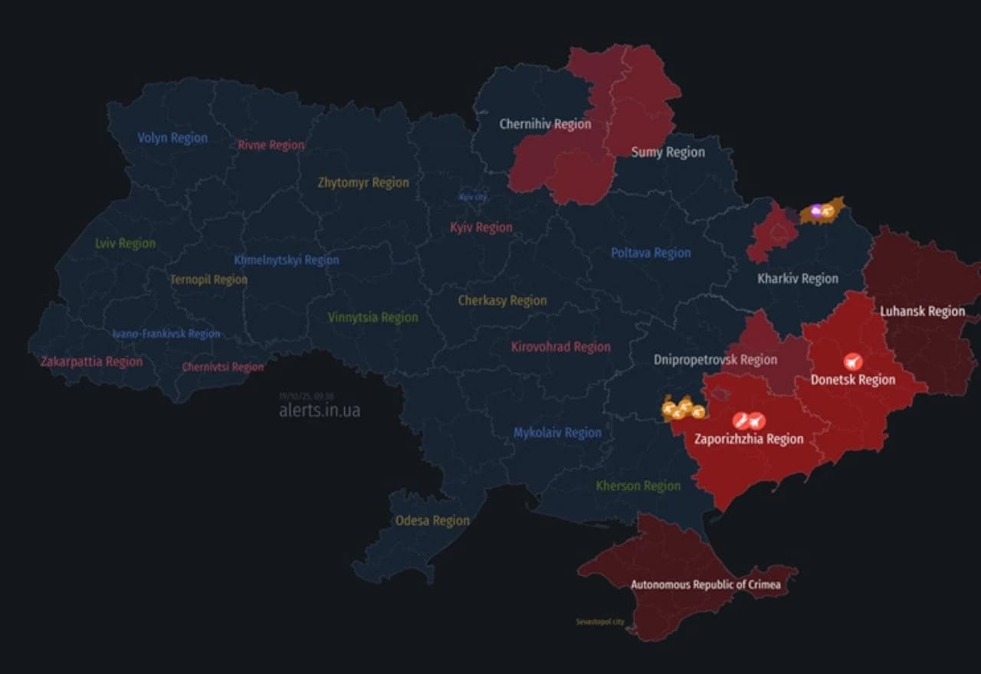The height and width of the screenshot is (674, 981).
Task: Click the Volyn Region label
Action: pyautogui.click(x=172, y=138)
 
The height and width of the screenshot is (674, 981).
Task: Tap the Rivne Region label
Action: pyautogui.click(x=271, y=145)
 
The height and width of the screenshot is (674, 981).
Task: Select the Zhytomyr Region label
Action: pyautogui.click(x=363, y=182)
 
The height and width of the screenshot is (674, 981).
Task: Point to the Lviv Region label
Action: pyautogui.click(x=125, y=244)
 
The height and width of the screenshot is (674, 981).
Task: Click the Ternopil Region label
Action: pyautogui.click(x=208, y=280)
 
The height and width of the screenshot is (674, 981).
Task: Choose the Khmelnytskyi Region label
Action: pyautogui.click(x=287, y=260)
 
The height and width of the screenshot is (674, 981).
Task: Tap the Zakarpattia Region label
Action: pyautogui.click(x=91, y=362)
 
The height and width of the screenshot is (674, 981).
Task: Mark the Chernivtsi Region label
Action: pyautogui.click(x=222, y=367)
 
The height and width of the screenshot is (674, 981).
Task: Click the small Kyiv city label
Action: pyautogui.click(x=473, y=197)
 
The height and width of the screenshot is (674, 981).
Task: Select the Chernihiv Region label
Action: pyautogui.click(x=545, y=123)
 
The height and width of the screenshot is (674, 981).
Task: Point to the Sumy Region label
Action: pyautogui.click(x=668, y=152)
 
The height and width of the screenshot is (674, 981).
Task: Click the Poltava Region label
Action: pyautogui.click(x=651, y=253)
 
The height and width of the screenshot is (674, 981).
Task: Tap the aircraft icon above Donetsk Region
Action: pyautogui.click(x=852, y=362)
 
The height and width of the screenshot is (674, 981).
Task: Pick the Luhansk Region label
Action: pyautogui.click(x=922, y=311)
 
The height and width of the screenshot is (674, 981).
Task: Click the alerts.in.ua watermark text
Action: pyautogui.click(x=320, y=411)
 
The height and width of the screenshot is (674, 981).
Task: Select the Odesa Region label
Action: pyautogui.click(x=432, y=521)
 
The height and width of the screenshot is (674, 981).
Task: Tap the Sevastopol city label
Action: pyautogui.click(x=600, y=622)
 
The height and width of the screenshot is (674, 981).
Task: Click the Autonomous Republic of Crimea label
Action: pyautogui.click(x=705, y=585)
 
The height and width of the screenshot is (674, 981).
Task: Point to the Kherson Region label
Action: pyautogui.click(x=638, y=486)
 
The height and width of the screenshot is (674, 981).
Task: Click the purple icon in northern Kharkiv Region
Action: pyautogui.click(x=816, y=209)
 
